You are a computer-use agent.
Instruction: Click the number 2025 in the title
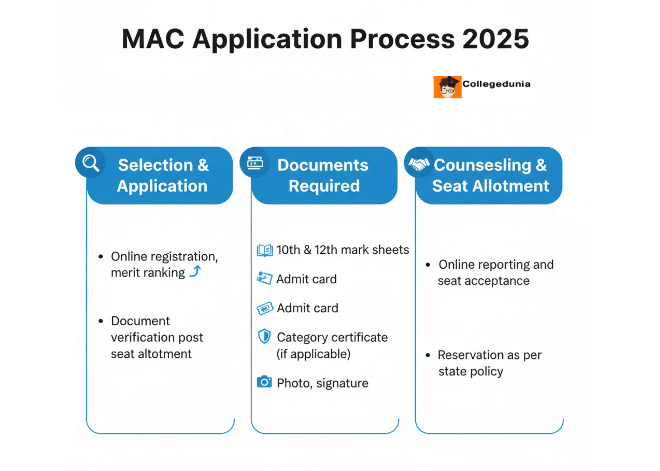pos(496,39)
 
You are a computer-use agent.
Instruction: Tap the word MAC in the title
pos(153,39)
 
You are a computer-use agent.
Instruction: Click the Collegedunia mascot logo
pos(447,87)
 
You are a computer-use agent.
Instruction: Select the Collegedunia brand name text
pos(496,84)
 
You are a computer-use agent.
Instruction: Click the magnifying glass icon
pos(90,163)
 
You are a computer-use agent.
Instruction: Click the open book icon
pos(265,250)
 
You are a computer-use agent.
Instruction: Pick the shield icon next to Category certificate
pos(264,336)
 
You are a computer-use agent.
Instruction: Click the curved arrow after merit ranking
pos(195,271)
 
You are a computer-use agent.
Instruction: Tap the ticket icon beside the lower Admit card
pos(265,308)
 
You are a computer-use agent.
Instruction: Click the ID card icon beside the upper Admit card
pos(264,278)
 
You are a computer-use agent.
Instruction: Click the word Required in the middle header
pos(324,186)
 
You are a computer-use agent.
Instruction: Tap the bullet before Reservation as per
pos(428,355)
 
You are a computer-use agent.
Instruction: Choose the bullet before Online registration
pos(101,257)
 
